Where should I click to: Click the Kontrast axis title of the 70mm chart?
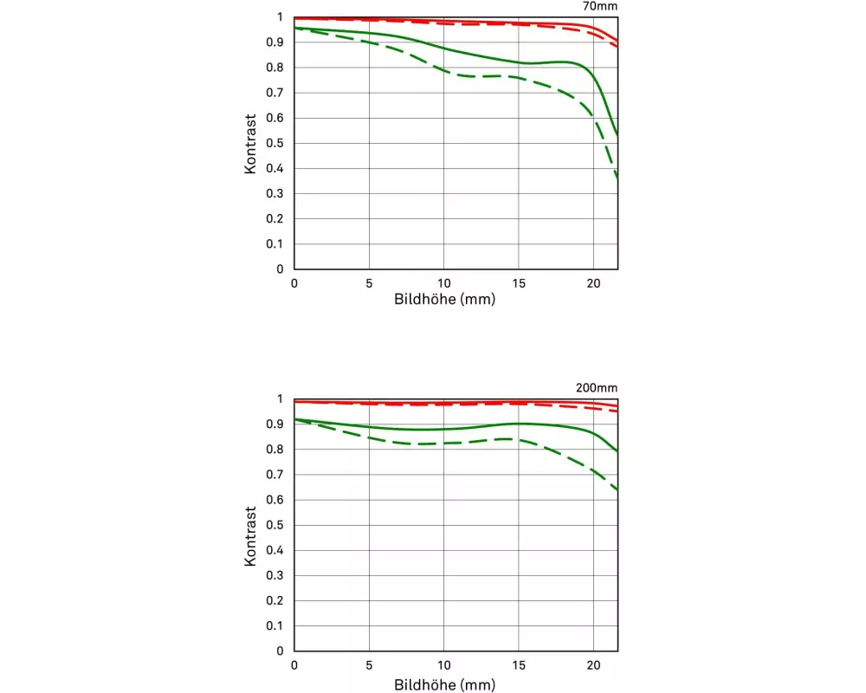[250, 143]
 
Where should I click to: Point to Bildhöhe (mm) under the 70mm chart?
[444, 301]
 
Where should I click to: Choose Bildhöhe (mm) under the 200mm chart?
[444, 683]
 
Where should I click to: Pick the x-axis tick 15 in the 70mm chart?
[518, 284]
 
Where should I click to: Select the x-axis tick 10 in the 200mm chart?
[443, 666]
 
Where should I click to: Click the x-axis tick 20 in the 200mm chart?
[593, 666]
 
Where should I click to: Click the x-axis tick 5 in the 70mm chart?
[369, 284]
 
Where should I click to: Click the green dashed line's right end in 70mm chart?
[617, 178]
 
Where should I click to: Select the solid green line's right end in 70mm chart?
[617, 134]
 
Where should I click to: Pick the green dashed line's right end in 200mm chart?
[617, 490]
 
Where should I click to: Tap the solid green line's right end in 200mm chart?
[617, 451]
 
